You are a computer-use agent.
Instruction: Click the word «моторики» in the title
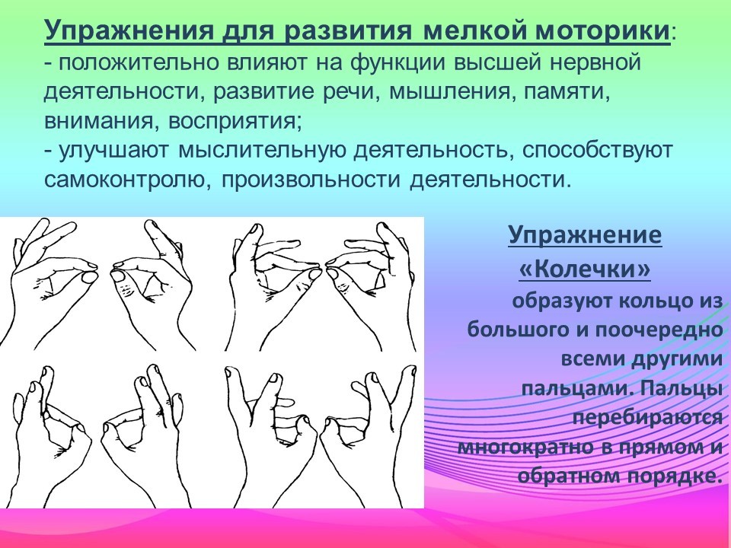602,30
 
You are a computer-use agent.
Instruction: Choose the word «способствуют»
597,151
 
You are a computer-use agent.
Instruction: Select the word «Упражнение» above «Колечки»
585,234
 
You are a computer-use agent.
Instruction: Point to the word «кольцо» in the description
653,301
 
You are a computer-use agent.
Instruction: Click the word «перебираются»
647,417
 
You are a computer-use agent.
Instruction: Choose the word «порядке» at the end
672,476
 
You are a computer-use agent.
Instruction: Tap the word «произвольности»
311,180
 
